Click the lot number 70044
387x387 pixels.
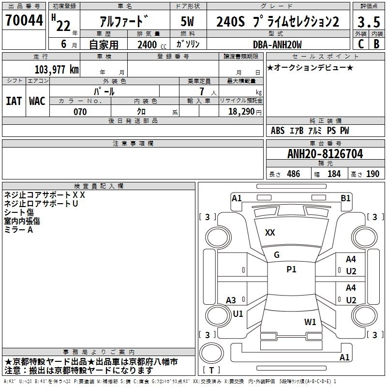(x=23, y=21)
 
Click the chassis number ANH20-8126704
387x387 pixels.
(x=325, y=154)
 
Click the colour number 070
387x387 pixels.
(x=80, y=112)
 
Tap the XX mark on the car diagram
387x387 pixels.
(x=270, y=233)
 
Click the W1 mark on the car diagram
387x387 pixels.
(x=310, y=322)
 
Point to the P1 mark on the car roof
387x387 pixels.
(x=291, y=269)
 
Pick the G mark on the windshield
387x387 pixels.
(x=277, y=255)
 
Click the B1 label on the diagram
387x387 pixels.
(x=345, y=198)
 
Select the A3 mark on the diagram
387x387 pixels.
(x=231, y=300)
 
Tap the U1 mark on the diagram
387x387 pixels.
(x=238, y=313)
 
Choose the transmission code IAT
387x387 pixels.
(x=14, y=101)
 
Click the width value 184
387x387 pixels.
(x=334, y=174)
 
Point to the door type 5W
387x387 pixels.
(x=188, y=22)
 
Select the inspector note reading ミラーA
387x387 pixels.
(x=18, y=230)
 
